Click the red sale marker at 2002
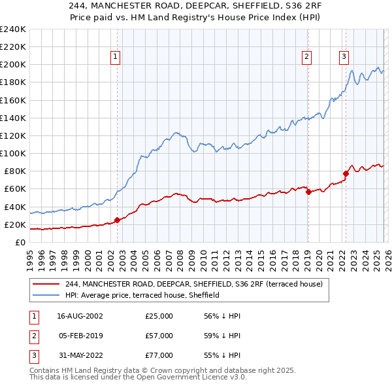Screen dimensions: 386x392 click(x=117, y=220)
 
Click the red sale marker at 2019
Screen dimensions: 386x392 click(x=308, y=192)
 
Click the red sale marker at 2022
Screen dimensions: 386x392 click(x=346, y=174)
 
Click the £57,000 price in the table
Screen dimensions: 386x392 click(x=159, y=336)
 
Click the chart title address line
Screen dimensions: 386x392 click(x=196, y=8)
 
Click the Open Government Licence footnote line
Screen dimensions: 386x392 click(x=138, y=378)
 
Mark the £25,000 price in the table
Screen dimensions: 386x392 click(x=159, y=316)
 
